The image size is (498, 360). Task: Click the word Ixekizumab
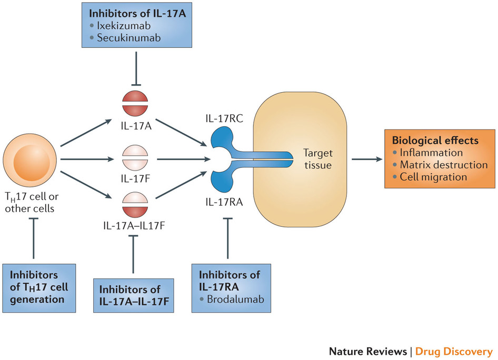pyautogui.click(x=124, y=25)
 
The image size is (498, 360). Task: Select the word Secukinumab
pyautogui.click(x=128, y=38)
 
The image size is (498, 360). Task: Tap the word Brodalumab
pyautogui.click(x=235, y=299)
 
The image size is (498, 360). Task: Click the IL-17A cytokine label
pyautogui.click(x=136, y=126)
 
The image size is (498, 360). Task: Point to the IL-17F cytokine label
pyautogui.click(x=135, y=179)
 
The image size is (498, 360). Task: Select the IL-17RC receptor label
pyautogui.click(x=224, y=118)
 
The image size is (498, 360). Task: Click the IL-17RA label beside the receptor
pyautogui.click(x=224, y=202)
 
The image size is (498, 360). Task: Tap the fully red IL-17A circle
pyautogui.click(x=135, y=104)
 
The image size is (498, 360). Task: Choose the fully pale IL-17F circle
pyautogui.click(x=135, y=158)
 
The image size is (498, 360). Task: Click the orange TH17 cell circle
pyautogui.click(x=30, y=159)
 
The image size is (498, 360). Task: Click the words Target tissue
pyautogui.click(x=317, y=159)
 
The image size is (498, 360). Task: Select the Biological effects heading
pyautogui.click(x=435, y=141)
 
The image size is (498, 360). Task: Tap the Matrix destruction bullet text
pyautogui.click(x=444, y=165)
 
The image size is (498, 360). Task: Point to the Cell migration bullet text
pyautogui.click(x=433, y=177)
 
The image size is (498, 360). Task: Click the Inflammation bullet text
pyautogui.click(x=431, y=153)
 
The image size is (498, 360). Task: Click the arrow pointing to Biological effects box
pyautogui.click(x=367, y=159)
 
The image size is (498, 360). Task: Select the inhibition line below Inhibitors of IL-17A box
pyautogui.click(x=136, y=68)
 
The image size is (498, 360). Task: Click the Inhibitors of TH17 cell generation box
pyautogui.click(x=39, y=288)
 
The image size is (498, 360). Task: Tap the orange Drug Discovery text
pyautogui.click(x=454, y=352)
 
